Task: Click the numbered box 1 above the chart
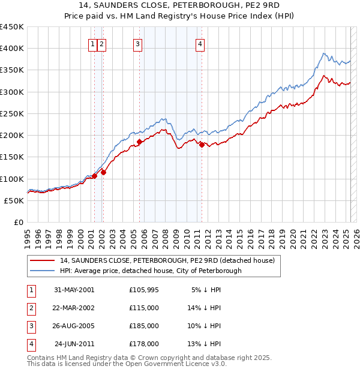(93, 43)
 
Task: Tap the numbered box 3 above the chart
(137, 43)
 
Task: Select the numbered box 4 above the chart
(199, 43)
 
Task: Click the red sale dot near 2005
(139, 142)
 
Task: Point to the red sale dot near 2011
(202, 145)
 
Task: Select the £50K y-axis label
(14, 200)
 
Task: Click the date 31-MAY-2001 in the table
(74, 289)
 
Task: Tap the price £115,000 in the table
(144, 308)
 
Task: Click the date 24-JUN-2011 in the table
(74, 344)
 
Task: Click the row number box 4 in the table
(31, 344)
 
